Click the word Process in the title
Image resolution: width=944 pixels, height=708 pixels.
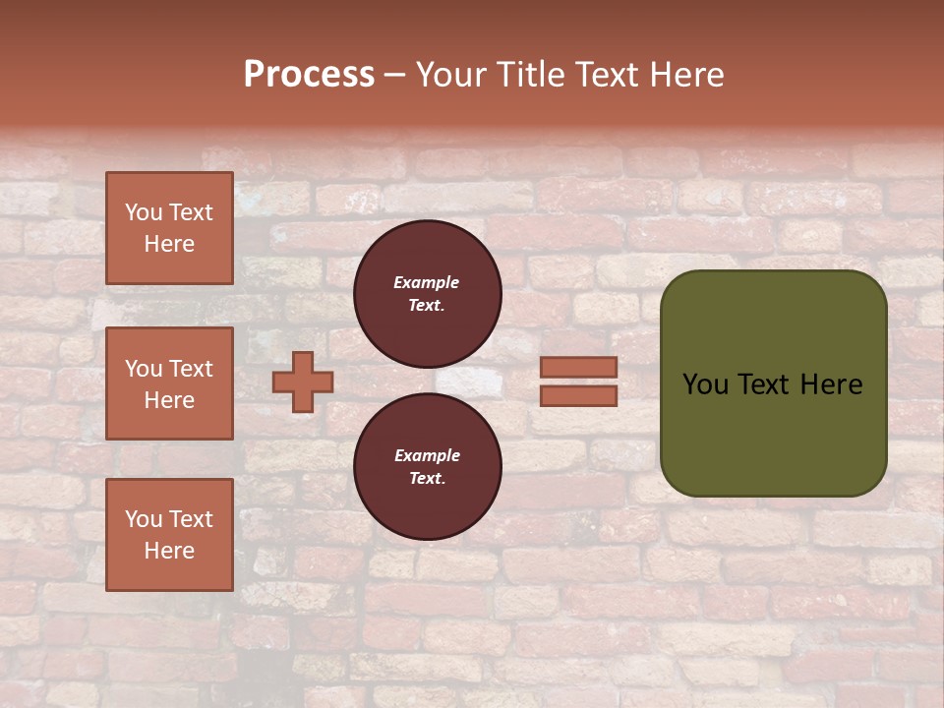click(x=309, y=75)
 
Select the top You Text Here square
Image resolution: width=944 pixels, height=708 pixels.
click(x=169, y=228)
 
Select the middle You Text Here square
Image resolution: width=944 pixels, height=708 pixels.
click(x=169, y=383)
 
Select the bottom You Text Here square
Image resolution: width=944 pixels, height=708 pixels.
click(x=169, y=535)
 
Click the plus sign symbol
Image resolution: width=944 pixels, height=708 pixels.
click(x=303, y=382)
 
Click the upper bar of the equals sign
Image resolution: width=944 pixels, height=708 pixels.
click(x=579, y=368)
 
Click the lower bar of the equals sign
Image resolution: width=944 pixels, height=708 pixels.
click(x=579, y=396)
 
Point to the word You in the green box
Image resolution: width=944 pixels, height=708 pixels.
click(x=705, y=384)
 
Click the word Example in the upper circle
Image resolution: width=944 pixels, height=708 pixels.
click(x=427, y=282)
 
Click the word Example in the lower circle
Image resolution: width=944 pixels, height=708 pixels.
click(x=427, y=455)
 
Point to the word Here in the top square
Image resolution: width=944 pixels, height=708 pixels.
click(x=169, y=244)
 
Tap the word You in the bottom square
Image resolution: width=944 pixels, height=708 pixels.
click(x=144, y=519)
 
